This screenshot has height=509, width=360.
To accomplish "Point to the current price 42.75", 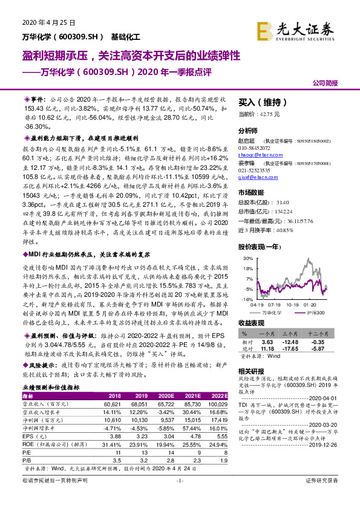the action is click(269, 114).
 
